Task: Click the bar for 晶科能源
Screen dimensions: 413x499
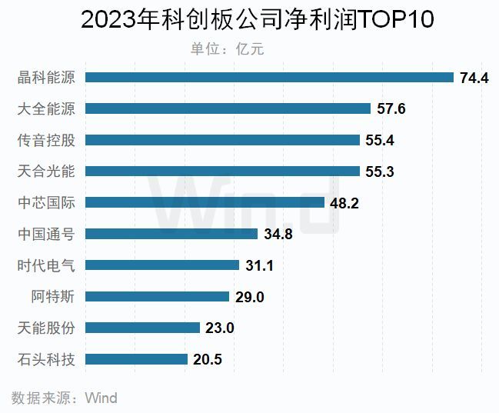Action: (x=269, y=78)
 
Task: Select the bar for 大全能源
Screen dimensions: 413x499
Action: (x=228, y=109)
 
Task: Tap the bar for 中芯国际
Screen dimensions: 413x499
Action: (x=205, y=203)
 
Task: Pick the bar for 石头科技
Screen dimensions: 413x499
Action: (x=136, y=359)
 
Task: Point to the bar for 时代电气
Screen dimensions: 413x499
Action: (x=162, y=265)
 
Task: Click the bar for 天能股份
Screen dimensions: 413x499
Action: (x=142, y=328)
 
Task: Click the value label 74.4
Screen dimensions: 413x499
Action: (x=474, y=78)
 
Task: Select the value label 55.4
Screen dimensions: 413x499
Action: (x=380, y=141)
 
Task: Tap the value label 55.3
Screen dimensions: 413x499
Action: (x=380, y=172)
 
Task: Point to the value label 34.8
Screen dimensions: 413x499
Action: (x=278, y=235)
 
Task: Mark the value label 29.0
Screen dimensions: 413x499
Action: (x=249, y=297)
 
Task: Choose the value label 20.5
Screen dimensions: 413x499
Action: (x=208, y=359)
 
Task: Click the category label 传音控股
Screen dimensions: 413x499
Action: (x=46, y=141)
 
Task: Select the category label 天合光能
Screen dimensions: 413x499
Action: (x=46, y=172)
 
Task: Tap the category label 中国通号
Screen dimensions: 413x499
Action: (x=46, y=235)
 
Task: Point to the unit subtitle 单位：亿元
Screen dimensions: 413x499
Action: (x=227, y=48)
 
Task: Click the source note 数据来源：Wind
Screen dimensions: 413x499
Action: (x=65, y=398)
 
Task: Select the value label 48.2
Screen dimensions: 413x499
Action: (x=344, y=203)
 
